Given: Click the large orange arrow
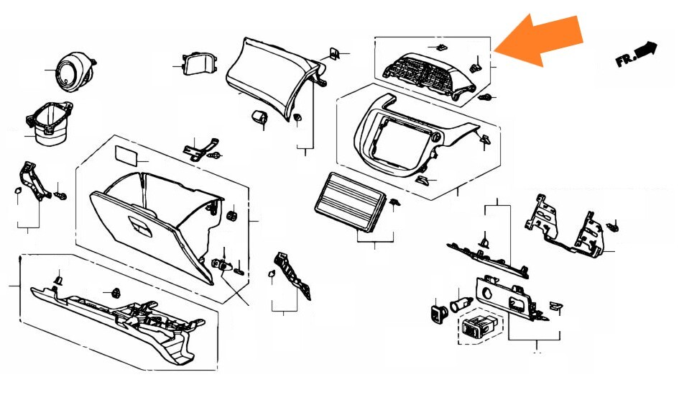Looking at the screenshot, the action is click(539, 40).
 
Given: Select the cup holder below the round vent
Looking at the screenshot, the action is click(50, 124).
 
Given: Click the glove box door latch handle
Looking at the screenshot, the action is click(141, 227).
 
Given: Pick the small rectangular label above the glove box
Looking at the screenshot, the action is click(126, 155).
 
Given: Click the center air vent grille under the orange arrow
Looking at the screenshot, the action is click(428, 75).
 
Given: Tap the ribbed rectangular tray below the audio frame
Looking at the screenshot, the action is click(350, 202).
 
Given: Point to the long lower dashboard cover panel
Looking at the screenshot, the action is click(117, 321).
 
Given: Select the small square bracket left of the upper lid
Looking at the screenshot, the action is click(199, 64).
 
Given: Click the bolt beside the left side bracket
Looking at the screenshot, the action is click(60, 196).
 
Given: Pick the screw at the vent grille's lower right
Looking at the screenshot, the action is click(486, 97).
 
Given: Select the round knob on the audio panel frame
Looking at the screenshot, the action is click(436, 137).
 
